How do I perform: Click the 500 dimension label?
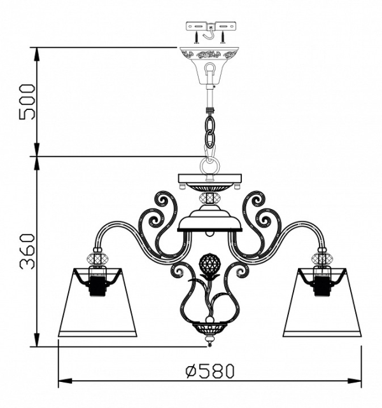pyautogui.click(x=27, y=102)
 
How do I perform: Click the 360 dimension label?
pyautogui.click(x=27, y=252)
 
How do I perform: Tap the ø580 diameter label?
pyautogui.click(x=209, y=371)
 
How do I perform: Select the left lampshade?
pyautogui.click(x=97, y=303)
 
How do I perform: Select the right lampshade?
pyautogui.click(x=322, y=303)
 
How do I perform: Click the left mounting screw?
pyautogui.click(x=197, y=37)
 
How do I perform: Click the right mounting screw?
pyautogui.click(x=223, y=37)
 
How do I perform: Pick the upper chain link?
pyautogui.click(x=210, y=123)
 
